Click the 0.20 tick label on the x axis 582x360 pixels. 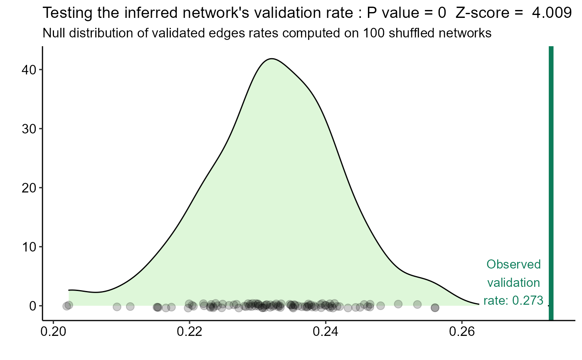(53, 333)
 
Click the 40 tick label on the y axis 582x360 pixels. (29, 69)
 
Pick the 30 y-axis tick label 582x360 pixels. (29, 128)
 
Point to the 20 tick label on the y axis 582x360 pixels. (29, 187)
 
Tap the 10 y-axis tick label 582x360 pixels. (29, 247)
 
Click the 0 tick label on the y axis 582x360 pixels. (33, 306)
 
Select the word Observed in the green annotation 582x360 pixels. (514, 264)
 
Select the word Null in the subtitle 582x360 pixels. (52, 33)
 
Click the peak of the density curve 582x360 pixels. (271, 59)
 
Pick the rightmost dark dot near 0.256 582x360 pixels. (435, 308)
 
